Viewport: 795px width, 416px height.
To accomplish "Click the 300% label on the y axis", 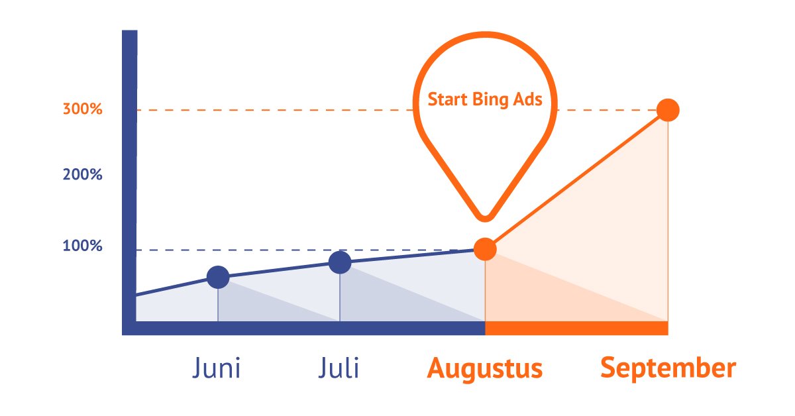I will pyautogui.click(x=83, y=109).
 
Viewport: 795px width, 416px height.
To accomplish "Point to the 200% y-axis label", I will pyautogui.click(x=83, y=176).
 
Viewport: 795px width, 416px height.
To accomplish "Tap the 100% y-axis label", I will pyautogui.click(x=83, y=246).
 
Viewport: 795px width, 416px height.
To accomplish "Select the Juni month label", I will pyautogui.click(x=217, y=368).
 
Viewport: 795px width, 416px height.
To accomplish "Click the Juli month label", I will pyautogui.click(x=339, y=368).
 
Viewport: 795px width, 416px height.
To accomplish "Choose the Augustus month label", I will pyautogui.click(x=485, y=368).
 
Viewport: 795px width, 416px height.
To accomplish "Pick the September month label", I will pyautogui.click(x=668, y=368).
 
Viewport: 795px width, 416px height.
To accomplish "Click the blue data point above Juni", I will pyautogui.click(x=218, y=278).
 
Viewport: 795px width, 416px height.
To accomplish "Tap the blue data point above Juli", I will pyautogui.click(x=340, y=262).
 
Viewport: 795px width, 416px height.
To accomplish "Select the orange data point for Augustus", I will pyautogui.click(x=485, y=249).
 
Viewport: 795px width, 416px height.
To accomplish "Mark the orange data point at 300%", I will pyautogui.click(x=668, y=110).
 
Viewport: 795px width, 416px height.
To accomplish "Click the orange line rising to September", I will pyautogui.click(x=576, y=180).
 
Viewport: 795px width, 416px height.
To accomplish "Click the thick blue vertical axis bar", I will pyautogui.click(x=129, y=179).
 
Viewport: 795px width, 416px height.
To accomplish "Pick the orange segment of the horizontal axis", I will pyautogui.click(x=576, y=328).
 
